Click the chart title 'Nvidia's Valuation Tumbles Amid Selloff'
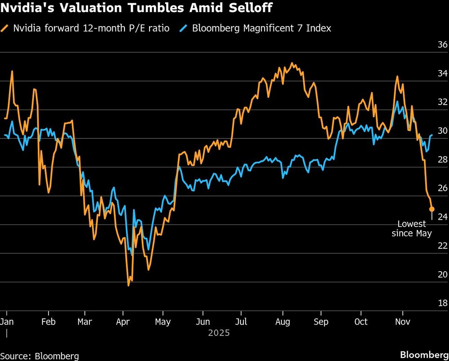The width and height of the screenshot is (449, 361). tap(136, 8)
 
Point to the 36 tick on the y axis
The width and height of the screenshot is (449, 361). tap(442, 45)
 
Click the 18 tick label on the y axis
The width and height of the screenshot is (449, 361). tap(442, 304)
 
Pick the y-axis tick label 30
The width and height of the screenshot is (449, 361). tap(442, 131)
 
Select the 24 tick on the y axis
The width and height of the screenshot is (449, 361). tap(442, 217)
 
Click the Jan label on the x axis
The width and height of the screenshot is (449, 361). tap(7, 321)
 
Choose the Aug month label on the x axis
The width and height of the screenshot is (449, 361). tap(282, 321)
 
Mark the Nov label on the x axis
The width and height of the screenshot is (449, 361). tap(402, 321)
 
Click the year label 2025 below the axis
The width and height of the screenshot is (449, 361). tap(219, 333)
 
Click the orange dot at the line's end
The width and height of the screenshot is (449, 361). tap(431, 209)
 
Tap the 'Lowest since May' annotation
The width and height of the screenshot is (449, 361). tap(412, 229)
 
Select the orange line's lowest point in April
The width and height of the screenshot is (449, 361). tap(128, 285)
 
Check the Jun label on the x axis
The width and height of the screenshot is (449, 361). tap(202, 321)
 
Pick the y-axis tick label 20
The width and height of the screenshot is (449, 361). tap(442, 275)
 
